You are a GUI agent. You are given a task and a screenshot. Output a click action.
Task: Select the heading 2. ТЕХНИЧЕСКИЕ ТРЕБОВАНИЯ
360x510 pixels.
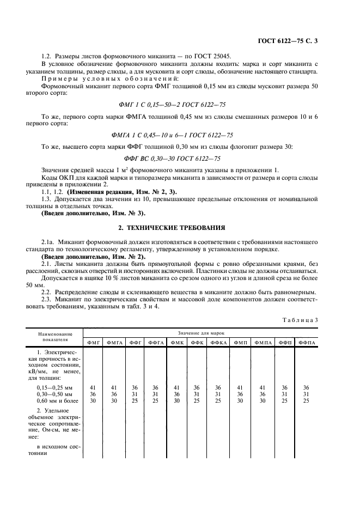coord(180,226)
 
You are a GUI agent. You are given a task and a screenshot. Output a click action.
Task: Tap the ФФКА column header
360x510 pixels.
coord(219,342)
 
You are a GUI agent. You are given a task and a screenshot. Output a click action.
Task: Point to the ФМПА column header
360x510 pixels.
coord(263,342)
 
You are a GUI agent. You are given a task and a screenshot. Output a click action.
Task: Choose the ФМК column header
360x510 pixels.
coord(176,342)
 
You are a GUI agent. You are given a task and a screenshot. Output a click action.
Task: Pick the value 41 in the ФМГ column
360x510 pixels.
coord(92,387)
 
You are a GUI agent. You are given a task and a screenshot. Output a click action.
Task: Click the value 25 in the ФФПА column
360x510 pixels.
coord(306,400)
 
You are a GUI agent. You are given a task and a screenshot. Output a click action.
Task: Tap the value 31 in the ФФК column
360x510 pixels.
coord(197,394)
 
